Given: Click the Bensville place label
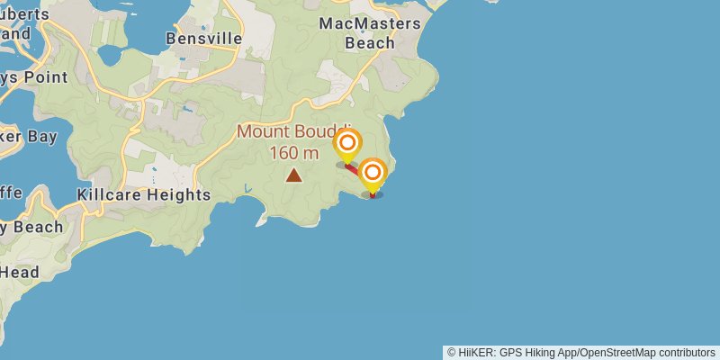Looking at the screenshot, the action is (204, 39).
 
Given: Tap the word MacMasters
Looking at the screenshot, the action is (370, 22).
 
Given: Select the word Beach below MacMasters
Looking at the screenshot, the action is (369, 42).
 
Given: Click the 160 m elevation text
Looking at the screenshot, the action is (294, 152).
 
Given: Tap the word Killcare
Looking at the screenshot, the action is (110, 194).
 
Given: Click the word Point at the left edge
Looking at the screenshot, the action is (45, 76).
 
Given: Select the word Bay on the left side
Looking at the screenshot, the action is (41, 137).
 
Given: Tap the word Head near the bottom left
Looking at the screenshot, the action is (19, 271).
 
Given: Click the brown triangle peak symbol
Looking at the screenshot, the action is (293, 175).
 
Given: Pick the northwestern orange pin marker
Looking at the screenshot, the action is (347, 143).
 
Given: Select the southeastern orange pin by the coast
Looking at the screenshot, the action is (373, 172).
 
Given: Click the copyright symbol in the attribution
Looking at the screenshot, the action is (452, 352).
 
